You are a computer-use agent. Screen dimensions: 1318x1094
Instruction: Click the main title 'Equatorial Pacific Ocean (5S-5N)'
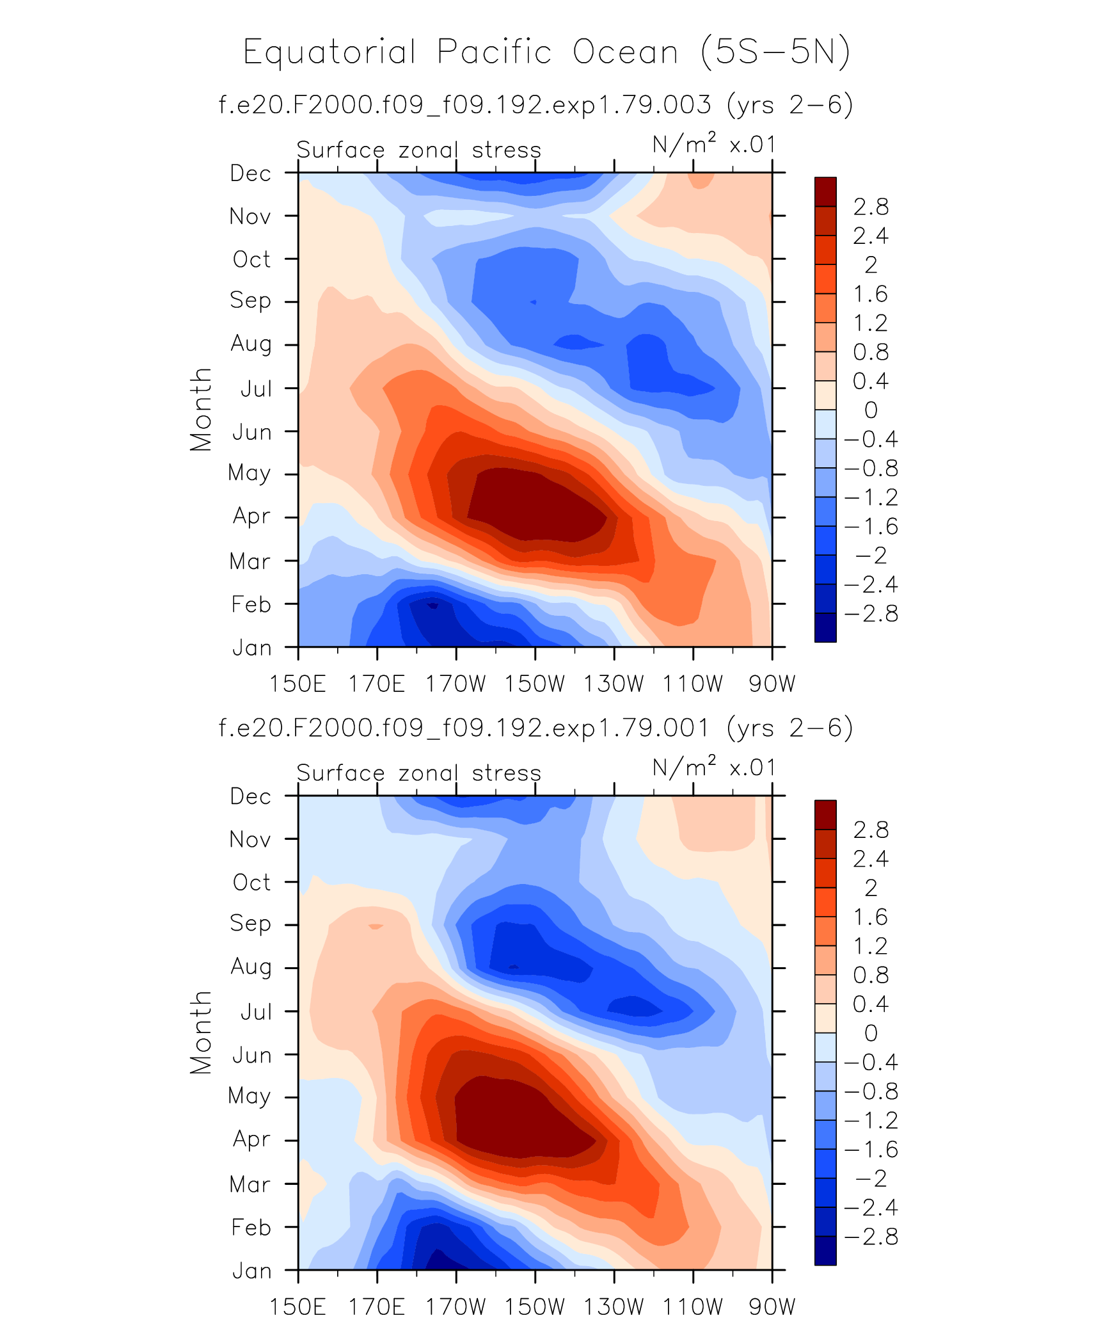[547, 52]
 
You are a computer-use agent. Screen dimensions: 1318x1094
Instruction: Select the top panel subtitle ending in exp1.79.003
[536, 104]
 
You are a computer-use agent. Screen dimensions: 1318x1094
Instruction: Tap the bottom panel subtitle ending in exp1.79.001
[536, 728]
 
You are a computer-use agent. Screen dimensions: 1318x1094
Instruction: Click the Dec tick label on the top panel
[251, 173]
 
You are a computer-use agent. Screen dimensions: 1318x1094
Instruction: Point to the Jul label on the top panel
[256, 389]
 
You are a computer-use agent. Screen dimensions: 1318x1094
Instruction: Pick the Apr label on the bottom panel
[251, 1139]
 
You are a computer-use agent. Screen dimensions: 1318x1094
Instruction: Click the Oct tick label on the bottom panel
[251, 882]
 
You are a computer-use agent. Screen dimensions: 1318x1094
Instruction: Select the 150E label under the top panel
[297, 684]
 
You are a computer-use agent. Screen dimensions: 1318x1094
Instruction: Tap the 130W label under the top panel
[614, 684]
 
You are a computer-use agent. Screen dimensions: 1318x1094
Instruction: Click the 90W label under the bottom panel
[772, 1306]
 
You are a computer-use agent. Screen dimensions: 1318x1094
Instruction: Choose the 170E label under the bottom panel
[376, 1306]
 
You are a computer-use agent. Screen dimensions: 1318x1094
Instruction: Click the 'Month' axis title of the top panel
[201, 410]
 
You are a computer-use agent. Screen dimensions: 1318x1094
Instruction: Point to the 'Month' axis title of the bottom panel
[201, 1033]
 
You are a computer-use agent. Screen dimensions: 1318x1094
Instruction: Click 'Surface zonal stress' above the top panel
[419, 150]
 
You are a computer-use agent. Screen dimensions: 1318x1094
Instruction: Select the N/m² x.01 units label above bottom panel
[714, 767]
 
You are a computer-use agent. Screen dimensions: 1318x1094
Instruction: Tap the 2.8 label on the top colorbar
[871, 207]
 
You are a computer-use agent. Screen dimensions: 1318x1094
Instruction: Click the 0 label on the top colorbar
[871, 410]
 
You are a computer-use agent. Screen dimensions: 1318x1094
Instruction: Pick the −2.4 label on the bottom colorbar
[871, 1208]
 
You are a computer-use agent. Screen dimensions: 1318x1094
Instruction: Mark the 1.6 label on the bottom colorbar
[871, 917]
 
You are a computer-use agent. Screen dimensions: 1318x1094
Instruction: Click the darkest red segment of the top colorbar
[825, 191]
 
